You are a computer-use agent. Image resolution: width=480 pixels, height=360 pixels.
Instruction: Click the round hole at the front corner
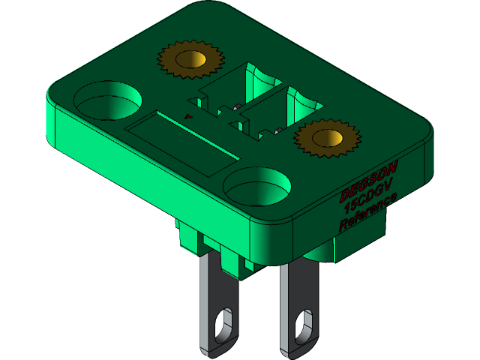pyautogui.click(x=256, y=184)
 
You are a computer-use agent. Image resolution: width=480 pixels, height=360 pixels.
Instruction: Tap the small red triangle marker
pyautogui.click(x=188, y=116)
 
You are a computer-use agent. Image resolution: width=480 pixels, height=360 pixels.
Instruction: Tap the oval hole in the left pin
pyautogui.click(x=223, y=322)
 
